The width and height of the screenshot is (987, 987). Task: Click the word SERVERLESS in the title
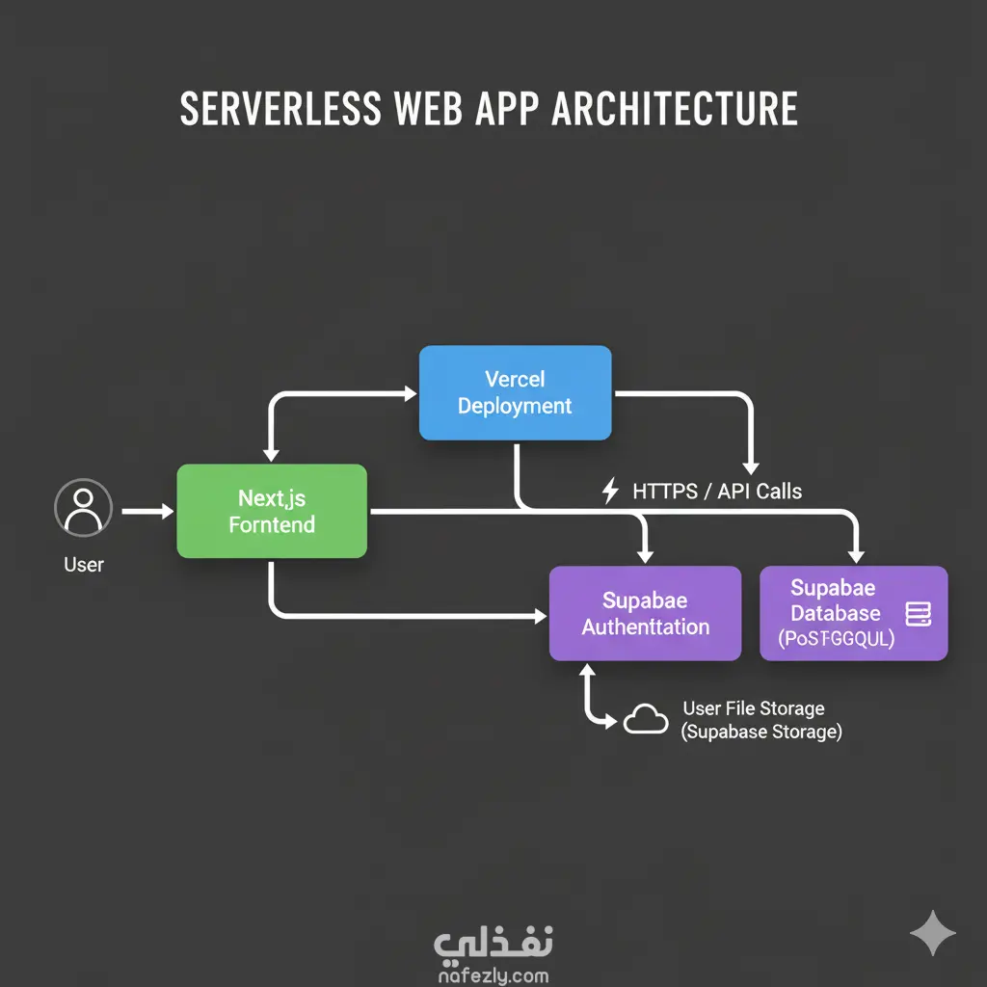point(280,109)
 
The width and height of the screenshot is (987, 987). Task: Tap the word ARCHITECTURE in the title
point(675,109)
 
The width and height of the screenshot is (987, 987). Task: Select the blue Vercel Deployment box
point(515,392)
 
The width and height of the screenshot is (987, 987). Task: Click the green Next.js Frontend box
point(272,511)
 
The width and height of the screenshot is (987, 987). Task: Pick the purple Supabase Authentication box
point(645,613)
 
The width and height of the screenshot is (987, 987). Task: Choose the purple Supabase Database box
point(853,613)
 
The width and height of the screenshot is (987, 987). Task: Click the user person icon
point(84,507)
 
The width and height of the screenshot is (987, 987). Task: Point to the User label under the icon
point(84,565)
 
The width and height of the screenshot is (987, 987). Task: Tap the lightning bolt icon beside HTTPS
point(610,492)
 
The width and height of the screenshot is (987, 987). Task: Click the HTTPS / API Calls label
point(716,492)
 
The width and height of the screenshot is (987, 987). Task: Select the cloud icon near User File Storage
point(646,719)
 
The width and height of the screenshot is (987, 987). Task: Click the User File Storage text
point(753,708)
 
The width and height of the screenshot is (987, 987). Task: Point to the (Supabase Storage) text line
point(761,733)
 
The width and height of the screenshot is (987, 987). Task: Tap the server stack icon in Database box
point(919,613)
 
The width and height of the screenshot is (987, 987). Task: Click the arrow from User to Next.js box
point(147,512)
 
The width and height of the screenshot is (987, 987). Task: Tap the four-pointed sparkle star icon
point(933,933)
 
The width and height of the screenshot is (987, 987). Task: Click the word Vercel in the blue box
point(515,379)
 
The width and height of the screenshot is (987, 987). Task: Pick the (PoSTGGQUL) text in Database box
point(836,638)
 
